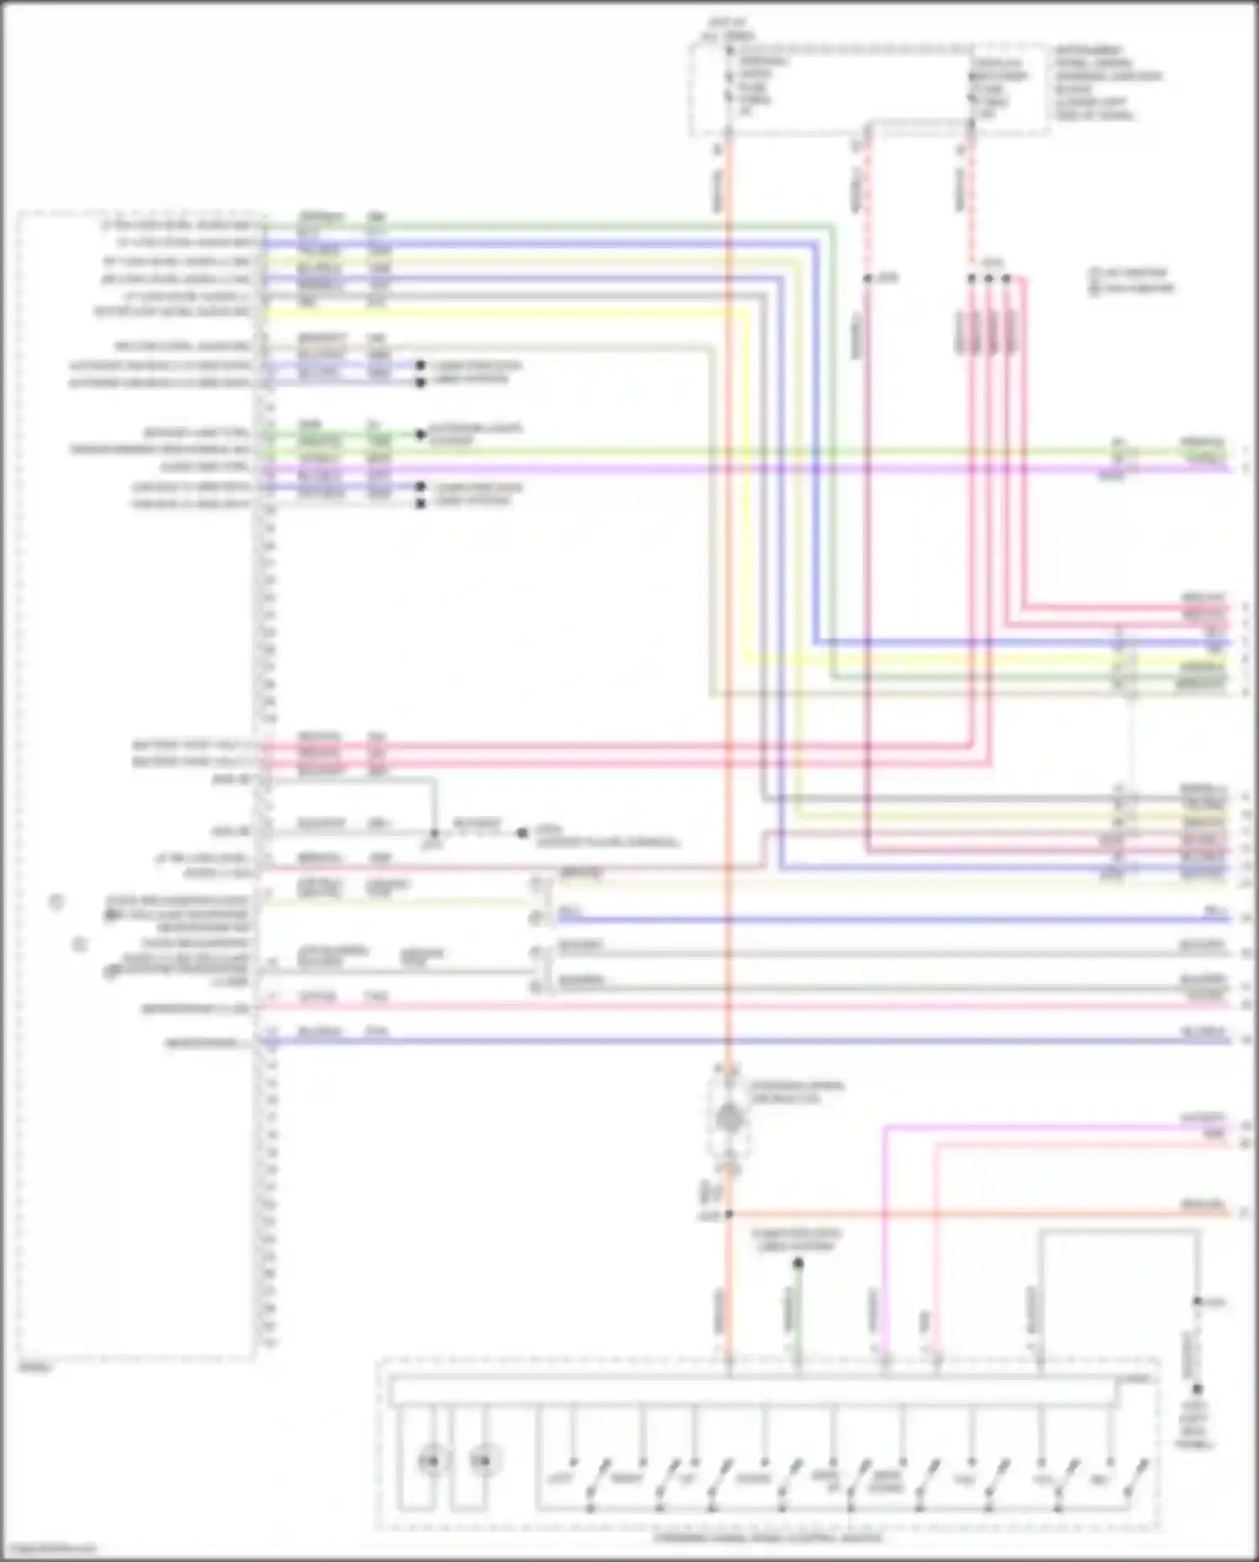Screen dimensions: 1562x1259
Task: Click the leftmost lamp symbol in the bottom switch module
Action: [x=431, y=1461]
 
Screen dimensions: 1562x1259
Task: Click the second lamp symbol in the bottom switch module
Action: [x=481, y=1461]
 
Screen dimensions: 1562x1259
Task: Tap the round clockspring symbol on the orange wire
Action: [x=729, y=1117]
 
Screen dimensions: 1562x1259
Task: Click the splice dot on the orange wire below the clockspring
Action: [x=729, y=1215]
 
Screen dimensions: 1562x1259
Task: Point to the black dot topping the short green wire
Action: [x=798, y=1263]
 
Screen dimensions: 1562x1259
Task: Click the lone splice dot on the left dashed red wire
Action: [x=868, y=278]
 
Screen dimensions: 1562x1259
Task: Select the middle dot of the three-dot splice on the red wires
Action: [x=989, y=278]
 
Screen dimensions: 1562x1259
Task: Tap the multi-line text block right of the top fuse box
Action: [x=1106, y=82]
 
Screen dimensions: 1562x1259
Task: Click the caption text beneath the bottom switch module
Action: [x=768, y=1538]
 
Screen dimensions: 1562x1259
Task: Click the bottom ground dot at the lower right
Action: [x=1198, y=1389]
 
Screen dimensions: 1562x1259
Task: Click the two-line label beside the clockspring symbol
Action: [x=797, y=1091]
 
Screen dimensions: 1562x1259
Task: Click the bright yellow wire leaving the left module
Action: [x=504, y=314]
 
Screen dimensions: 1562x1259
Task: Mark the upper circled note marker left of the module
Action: [x=55, y=902]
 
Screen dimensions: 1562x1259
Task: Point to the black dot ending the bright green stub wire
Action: [x=421, y=434]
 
